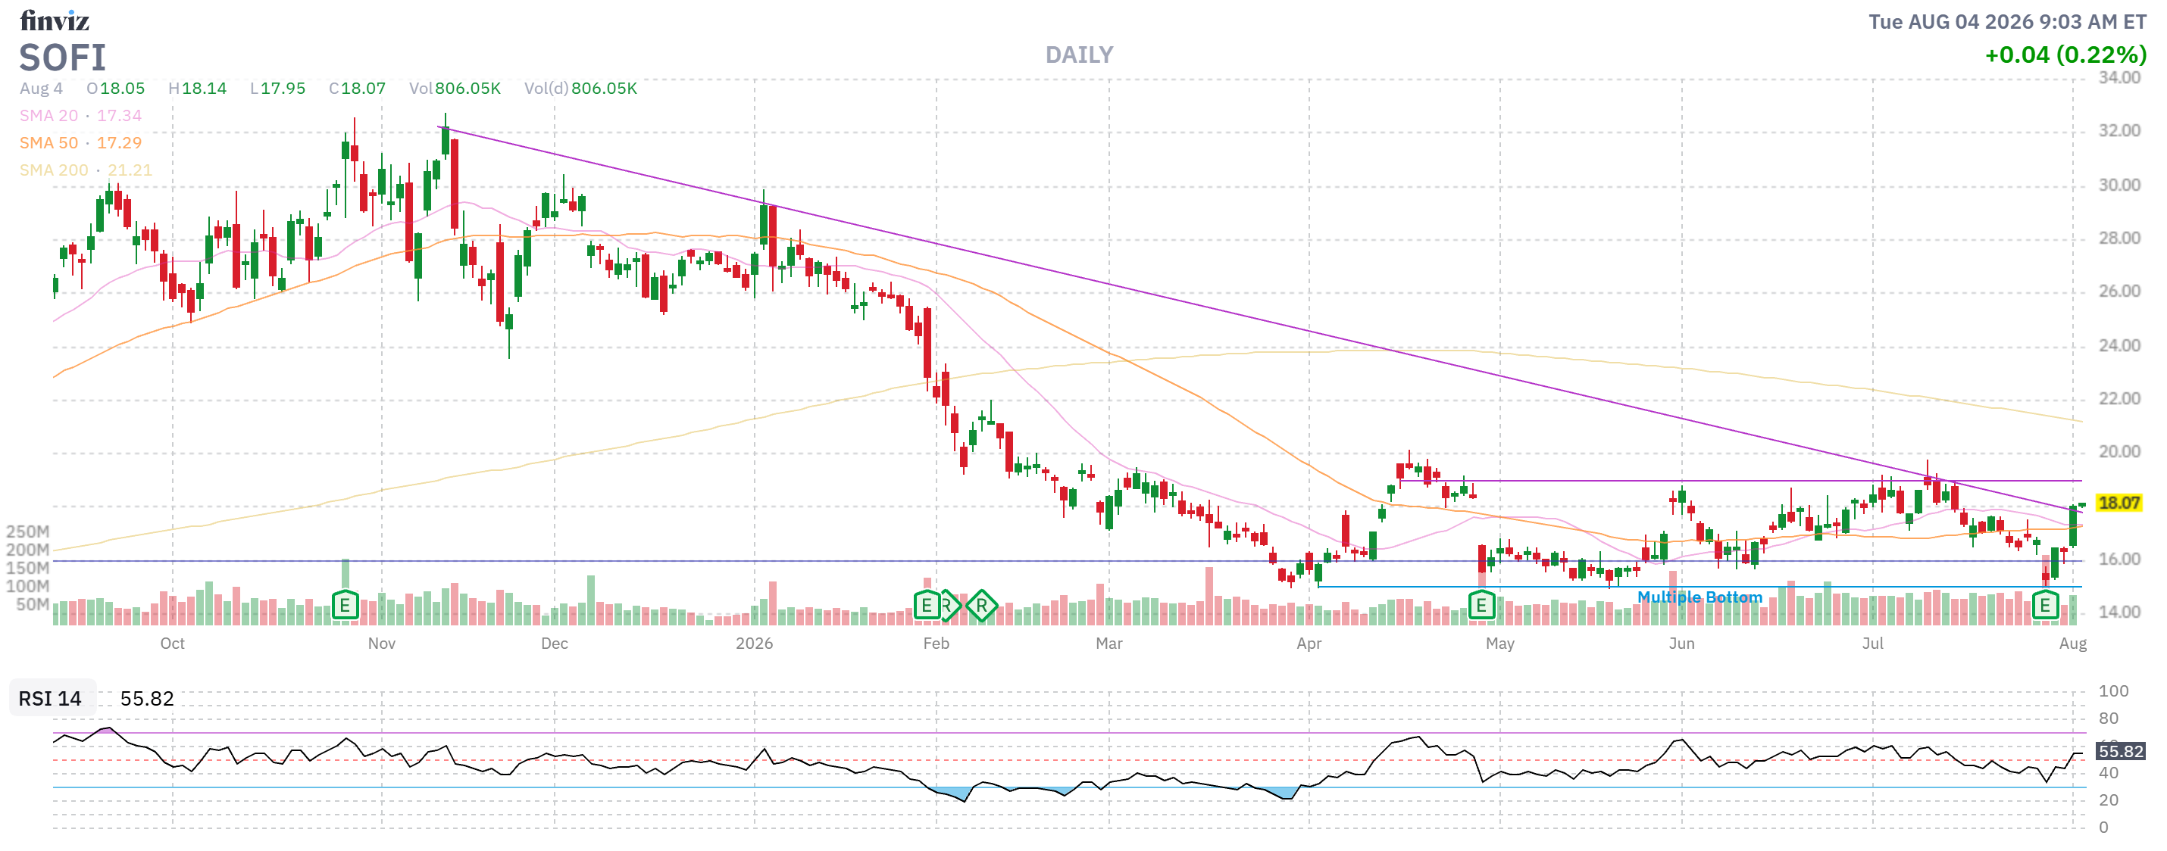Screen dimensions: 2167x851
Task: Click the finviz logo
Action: click(55, 20)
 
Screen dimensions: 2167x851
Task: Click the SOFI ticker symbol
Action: click(63, 58)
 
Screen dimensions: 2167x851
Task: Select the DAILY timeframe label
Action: click(1078, 55)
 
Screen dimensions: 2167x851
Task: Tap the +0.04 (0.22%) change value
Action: click(2065, 55)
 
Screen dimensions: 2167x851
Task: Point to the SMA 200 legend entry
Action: click(86, 170)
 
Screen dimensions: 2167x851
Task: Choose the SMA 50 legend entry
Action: click(81, 143)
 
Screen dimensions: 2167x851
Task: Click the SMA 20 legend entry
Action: click(81, 115)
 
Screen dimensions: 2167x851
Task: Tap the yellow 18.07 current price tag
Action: click(2119, 503)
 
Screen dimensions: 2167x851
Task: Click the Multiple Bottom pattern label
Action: click(1700, 597)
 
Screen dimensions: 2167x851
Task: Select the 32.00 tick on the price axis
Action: click(2119, 130)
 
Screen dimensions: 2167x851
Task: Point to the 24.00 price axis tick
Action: click(2119, 345)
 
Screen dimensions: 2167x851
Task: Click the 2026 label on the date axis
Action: click(754, 644)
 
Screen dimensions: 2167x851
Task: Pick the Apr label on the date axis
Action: click(1309, 644)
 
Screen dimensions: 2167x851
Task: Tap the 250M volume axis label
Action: click(28, 531)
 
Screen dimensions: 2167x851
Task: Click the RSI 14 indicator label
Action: click(50, 699)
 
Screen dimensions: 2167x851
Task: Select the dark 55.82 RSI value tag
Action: click(2121, 751)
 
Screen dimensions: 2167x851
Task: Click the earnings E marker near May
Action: click(1481, 605)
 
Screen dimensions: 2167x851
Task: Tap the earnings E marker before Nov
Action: click(345, 605)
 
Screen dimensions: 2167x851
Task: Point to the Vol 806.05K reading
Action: click(455, 89)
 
